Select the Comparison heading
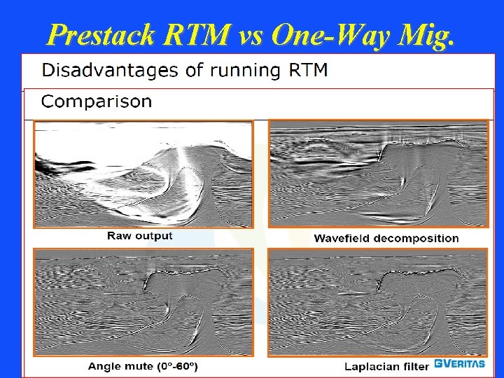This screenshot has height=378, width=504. (x=97, y=101)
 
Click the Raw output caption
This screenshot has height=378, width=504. (x=139, y=236)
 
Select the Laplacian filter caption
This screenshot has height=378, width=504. (x=386, y=365)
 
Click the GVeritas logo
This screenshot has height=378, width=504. (x=460, y=364)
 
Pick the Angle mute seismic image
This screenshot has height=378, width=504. (x=143, y=302)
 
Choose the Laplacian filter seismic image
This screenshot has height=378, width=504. (x=378, y=302)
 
